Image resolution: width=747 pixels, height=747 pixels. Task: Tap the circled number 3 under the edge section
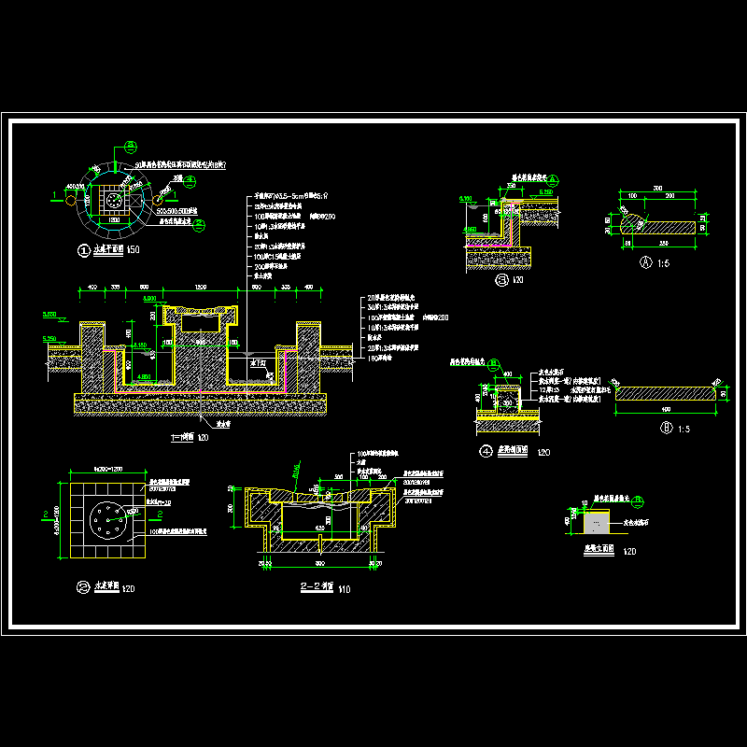click(502, 279)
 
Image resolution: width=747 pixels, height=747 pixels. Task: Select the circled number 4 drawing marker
click(486, 450)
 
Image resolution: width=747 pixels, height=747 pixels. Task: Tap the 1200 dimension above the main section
click(200, 288)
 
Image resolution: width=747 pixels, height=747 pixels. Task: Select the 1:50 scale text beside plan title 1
click(133, 250)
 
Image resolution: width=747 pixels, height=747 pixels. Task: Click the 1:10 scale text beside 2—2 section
click(344, 589)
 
